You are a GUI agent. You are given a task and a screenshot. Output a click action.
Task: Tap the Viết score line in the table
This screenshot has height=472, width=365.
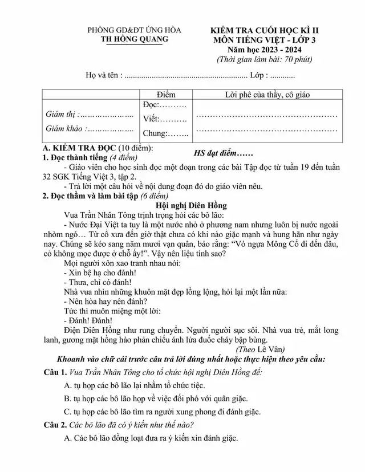click(165, 119)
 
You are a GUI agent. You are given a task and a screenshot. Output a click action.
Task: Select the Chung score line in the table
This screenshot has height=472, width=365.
click(165, 134)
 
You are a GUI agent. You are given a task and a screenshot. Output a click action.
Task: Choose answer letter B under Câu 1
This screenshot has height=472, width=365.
click(67, 398)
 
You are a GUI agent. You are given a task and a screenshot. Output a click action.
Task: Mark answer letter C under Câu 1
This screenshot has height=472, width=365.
click(67, 412)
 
